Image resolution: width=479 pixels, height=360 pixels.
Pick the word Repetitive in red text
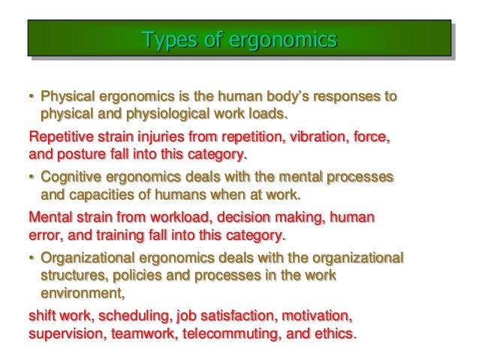tap(59, 138)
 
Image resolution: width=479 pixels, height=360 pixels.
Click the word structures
tap(73, 277)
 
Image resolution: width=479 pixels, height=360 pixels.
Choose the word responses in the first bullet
tap(347, 98)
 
